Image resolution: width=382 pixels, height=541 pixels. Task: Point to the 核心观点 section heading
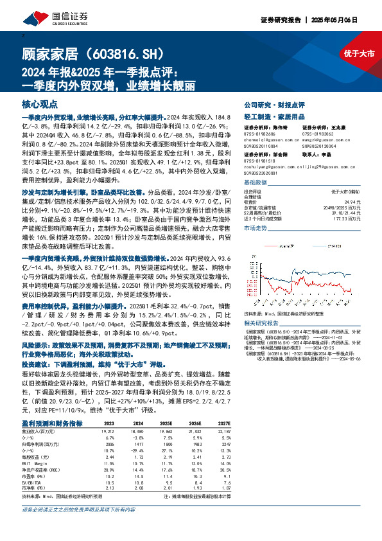click(40, 103)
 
